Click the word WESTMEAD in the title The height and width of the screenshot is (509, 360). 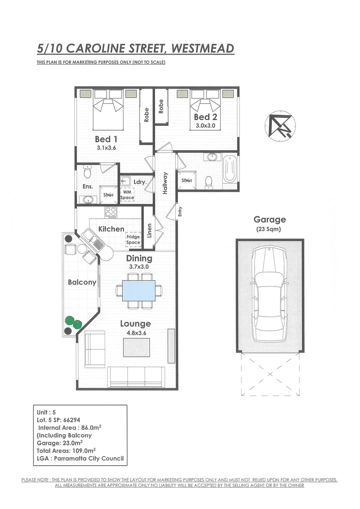click(202, 49)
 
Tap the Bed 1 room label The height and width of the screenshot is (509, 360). click(106, 139)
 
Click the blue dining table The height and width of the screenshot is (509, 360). click(139, 290)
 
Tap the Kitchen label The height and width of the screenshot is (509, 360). click(111, 229)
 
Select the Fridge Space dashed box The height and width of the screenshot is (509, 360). click(133, 239)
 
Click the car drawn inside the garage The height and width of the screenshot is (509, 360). click(269, 295)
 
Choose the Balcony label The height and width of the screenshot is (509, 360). click(82, 282)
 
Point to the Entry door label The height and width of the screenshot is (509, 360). click(180, 213)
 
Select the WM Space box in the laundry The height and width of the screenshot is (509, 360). click(127, 195)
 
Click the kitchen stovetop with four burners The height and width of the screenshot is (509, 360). click(111, 213)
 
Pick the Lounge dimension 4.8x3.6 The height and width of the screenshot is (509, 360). click(135, 332)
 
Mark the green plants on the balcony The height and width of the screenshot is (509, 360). click(73, 322)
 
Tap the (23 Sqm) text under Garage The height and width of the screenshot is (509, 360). click(270, 230)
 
